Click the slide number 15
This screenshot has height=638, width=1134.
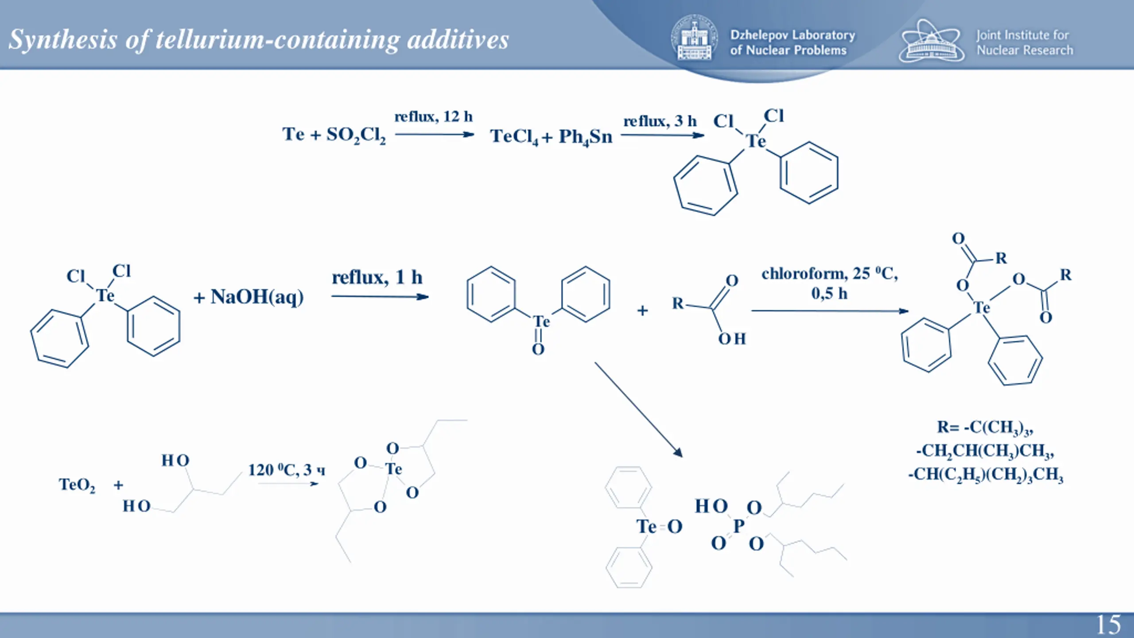[1108, 624]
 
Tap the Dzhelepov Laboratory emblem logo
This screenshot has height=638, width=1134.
[694, 38]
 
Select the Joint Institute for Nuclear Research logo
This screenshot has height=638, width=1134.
[931, 41]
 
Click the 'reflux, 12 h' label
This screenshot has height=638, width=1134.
[433, 117]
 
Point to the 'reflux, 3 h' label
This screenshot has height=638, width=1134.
[660, 121]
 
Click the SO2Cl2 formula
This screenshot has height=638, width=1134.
[356, 135]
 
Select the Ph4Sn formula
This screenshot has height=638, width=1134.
[585, 137]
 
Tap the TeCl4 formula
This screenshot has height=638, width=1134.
[514, 136]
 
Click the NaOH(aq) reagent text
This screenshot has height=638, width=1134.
[256, 297]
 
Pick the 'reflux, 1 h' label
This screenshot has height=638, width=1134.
[377, 278]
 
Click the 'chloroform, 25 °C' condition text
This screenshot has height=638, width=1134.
[829, 274]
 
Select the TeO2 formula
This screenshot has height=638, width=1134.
[77, 485]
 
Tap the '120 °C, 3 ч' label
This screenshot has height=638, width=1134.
[286, 470]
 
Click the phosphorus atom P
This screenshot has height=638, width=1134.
[738, 526]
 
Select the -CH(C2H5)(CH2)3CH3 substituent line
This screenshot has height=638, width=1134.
[985, 475]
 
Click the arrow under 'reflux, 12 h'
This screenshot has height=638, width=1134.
[434, 134]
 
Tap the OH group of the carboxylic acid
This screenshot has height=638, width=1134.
[732, 339]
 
